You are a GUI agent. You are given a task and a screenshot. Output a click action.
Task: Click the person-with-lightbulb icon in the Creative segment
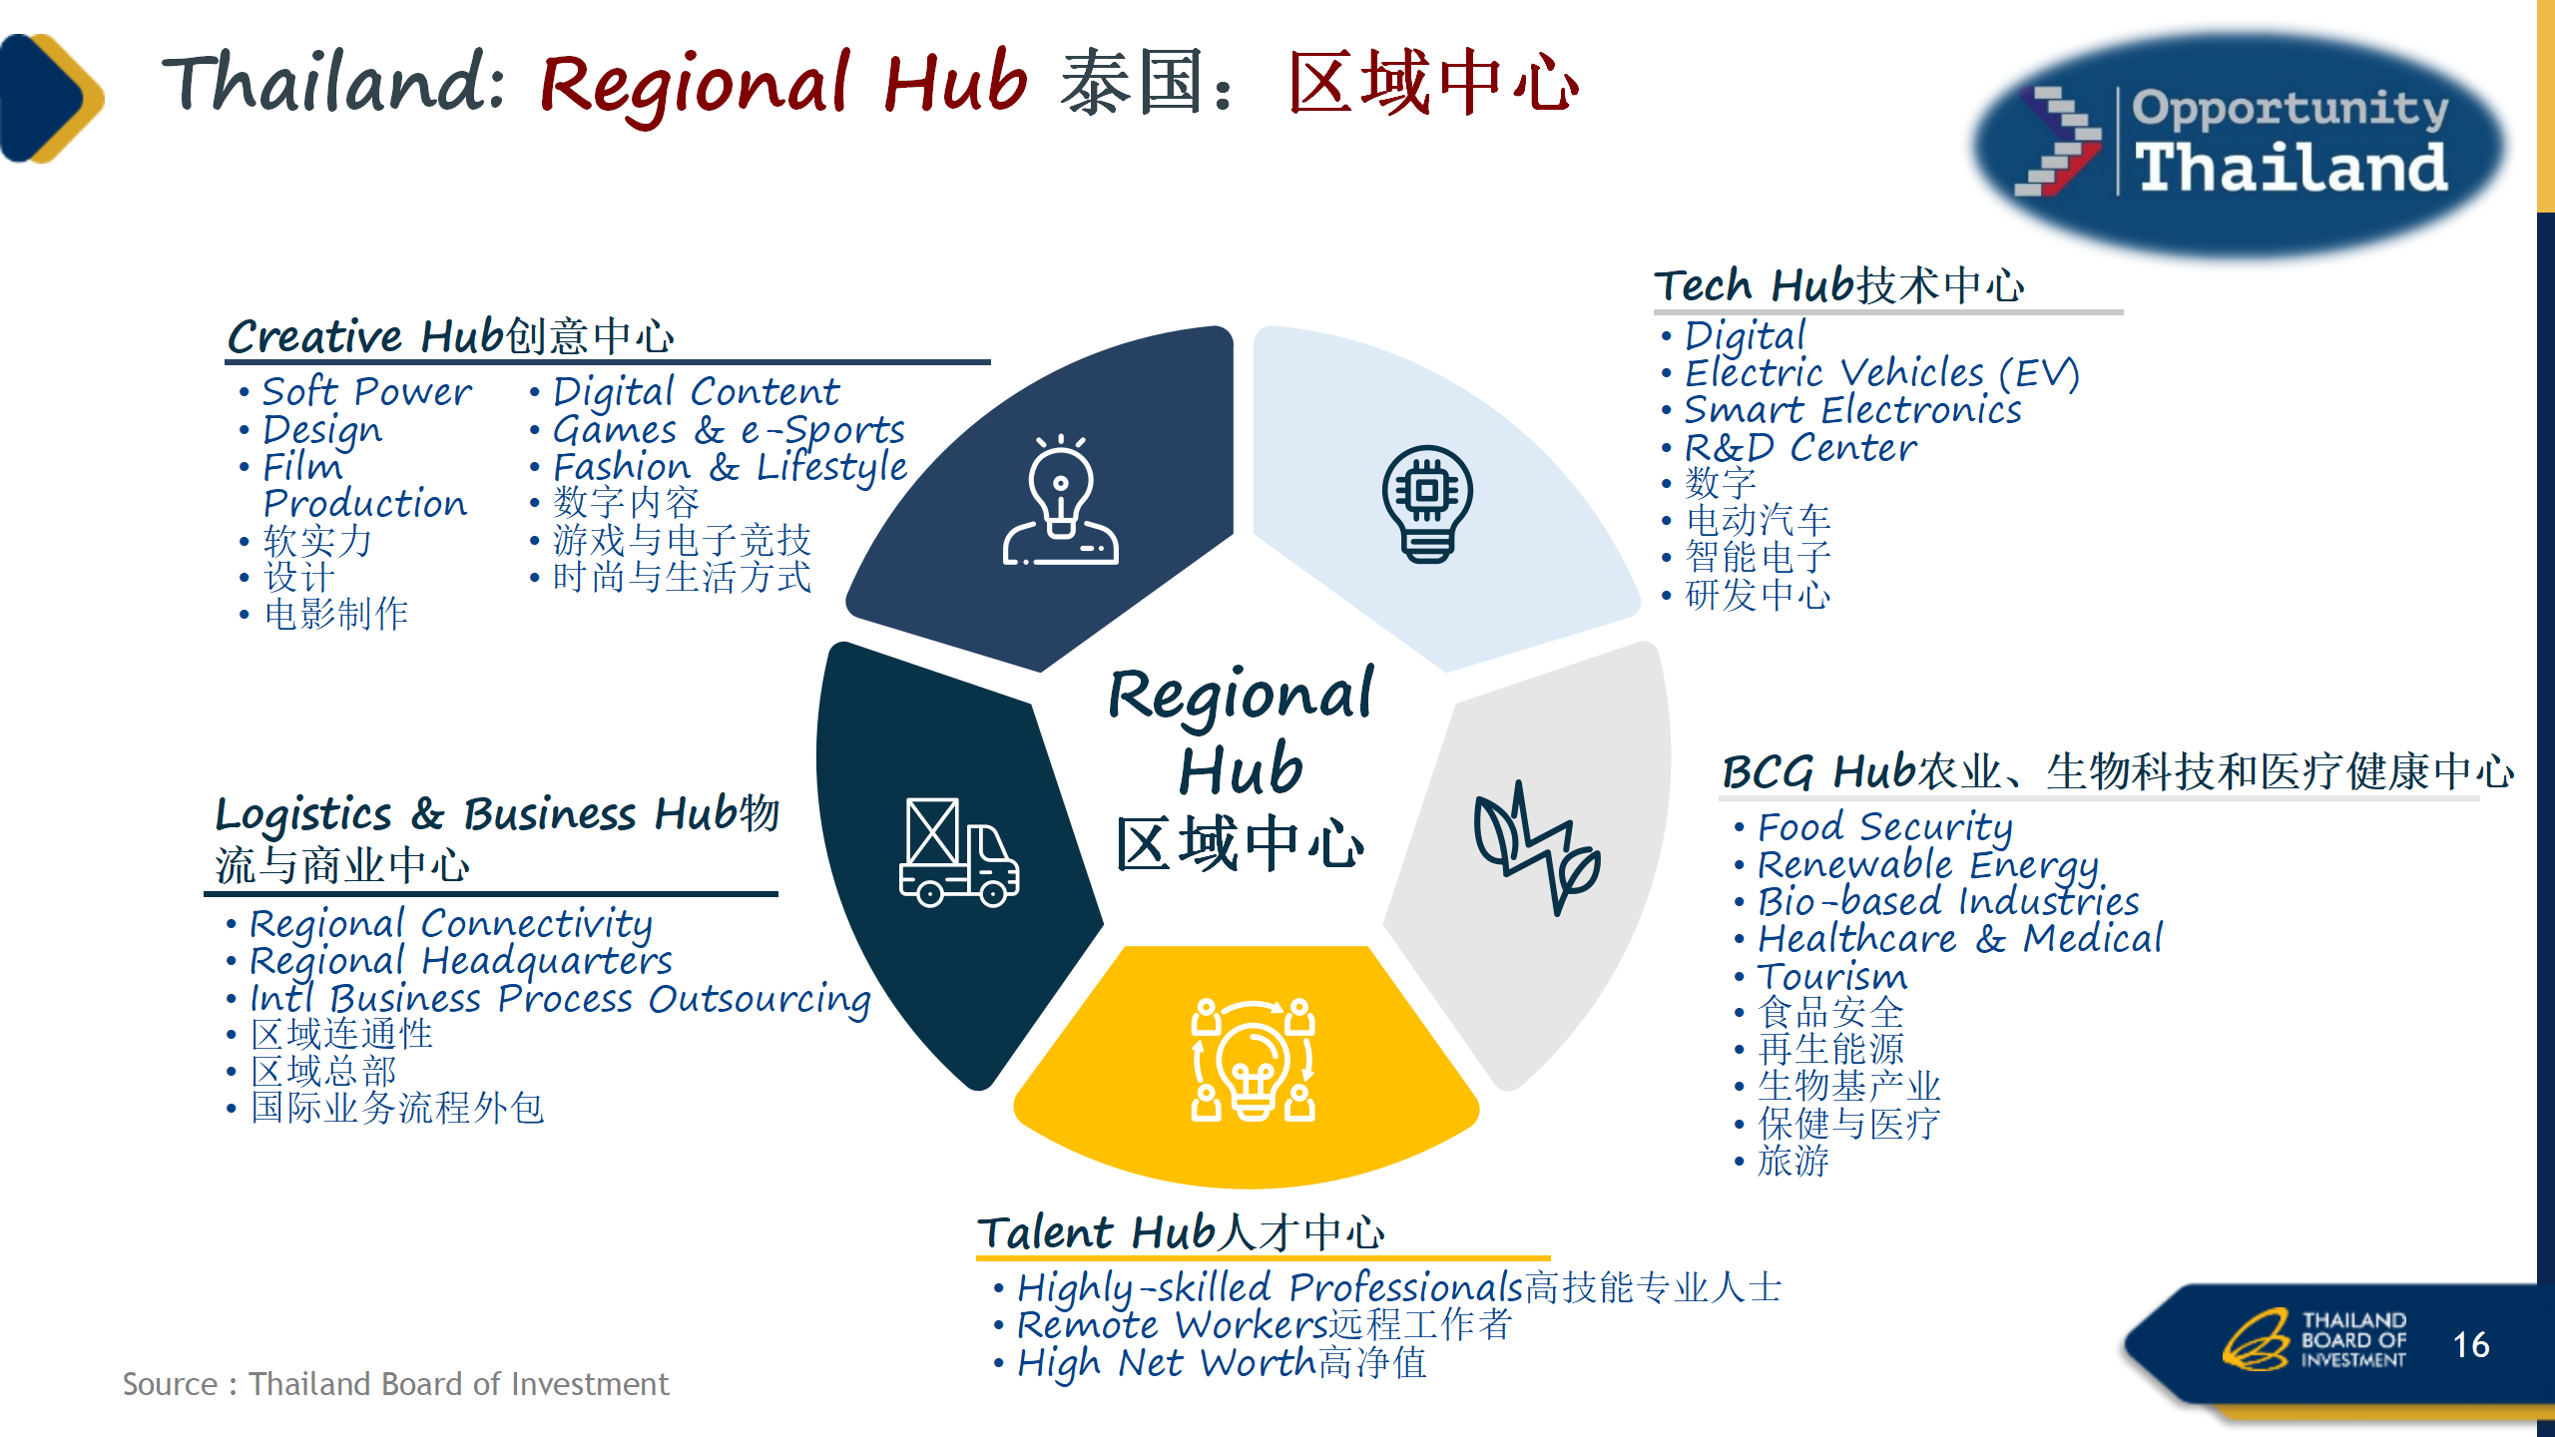[x=1060, y=500]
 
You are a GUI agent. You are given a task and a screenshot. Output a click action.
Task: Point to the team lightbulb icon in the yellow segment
[x=1253, y=1060]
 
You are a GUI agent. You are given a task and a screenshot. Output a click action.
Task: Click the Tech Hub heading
[x=1838, y=285]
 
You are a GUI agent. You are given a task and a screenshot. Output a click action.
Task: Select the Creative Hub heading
[x=451, y=336]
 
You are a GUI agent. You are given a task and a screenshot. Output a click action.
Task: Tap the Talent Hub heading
[x=1181, y=1232]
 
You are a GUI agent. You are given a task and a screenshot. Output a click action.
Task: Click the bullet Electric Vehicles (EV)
[x=1881, y=373]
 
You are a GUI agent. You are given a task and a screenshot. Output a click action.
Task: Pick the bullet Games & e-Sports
[x=729, y=430]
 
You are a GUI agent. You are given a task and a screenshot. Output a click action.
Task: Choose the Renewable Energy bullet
[x=1927, y=865]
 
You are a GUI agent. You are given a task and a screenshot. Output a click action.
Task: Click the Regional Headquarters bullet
[x=460, y=961]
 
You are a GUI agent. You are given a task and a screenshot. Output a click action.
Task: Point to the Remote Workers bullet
[x=1265, y=1325]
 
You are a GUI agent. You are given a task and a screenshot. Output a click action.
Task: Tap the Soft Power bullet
[x=366, y=392]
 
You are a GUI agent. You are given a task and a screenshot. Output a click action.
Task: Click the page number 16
[x=2471, y=1345]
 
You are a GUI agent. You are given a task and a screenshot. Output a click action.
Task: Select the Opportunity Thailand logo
[x=2241, y=145]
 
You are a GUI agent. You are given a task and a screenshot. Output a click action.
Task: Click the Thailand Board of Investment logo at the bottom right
[x=2314, y=1339]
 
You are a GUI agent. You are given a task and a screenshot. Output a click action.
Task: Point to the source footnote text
[x=395, y=1384]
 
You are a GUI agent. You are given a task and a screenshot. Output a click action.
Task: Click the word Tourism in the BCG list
[x=1831, y=976]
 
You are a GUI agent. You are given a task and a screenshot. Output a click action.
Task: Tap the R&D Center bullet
[x=1800, y=448]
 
